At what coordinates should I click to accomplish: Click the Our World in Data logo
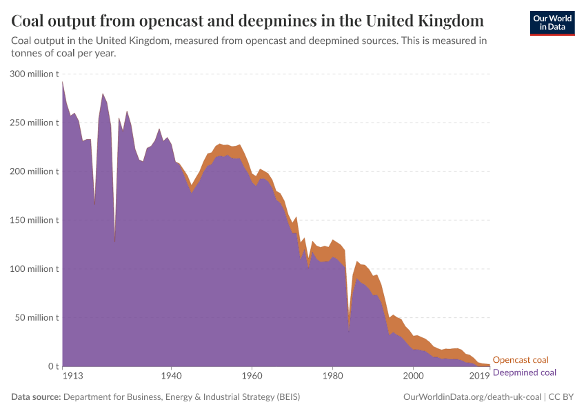(x=552, y=23)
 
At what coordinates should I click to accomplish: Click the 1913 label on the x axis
(x=73, y=376)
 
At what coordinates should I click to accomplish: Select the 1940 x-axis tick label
(x=171, y=376)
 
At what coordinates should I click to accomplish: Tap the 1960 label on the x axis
(x=252, y=376)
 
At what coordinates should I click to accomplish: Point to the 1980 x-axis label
(x=332, y=376)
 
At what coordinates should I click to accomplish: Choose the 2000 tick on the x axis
(x=413, y=376)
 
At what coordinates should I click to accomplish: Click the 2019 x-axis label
(x=480, y=376)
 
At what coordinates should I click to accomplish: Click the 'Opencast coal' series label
(x=521, y=360)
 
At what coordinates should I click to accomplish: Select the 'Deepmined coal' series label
(x=524, y=372)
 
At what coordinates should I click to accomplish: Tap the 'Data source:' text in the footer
(x=36, y=397)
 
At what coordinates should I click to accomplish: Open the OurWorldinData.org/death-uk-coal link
(x=472, y=397)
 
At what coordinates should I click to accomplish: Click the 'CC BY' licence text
(x=562, y=397)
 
